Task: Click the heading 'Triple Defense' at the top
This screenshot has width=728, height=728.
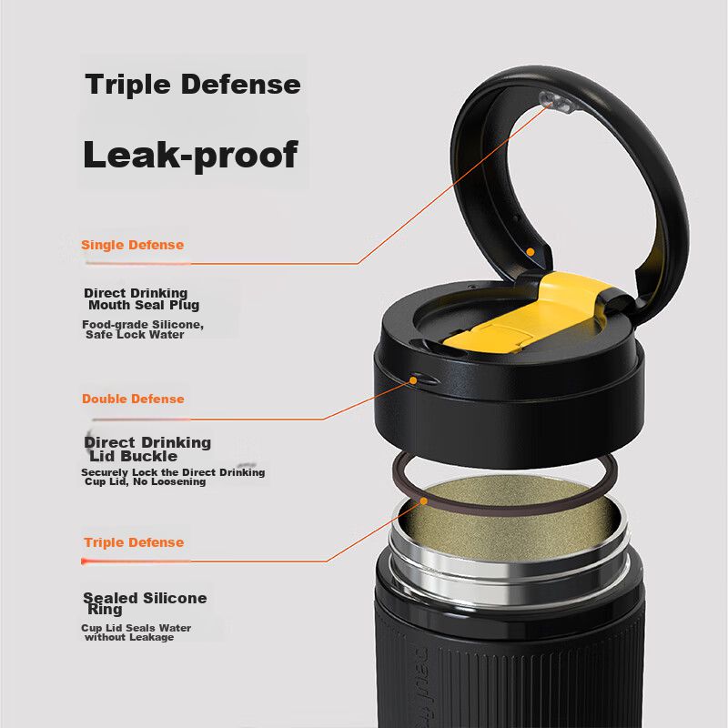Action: [193, 85]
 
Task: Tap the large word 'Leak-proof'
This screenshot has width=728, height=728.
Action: [190, 155]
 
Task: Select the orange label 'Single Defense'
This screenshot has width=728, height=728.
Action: [132, 245]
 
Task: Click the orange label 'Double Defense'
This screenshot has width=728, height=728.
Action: [133, 399]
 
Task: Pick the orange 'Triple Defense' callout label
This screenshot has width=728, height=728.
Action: [134, 542]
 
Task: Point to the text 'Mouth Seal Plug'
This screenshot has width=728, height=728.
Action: [144, 305]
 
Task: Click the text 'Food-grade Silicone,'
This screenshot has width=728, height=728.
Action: [143, 325]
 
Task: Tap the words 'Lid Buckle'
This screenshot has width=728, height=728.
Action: [133, 456]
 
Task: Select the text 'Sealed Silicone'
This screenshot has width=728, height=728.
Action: [145, 598]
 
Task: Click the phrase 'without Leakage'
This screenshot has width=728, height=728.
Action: [129, 637]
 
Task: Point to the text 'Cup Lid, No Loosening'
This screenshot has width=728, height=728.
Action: [145, 481]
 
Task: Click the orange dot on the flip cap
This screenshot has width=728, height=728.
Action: [531, 252]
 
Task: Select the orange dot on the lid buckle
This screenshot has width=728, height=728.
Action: [413, 380]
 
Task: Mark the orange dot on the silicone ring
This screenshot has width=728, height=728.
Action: [423, 501]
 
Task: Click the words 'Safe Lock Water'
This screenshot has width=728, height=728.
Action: [135, 334]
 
